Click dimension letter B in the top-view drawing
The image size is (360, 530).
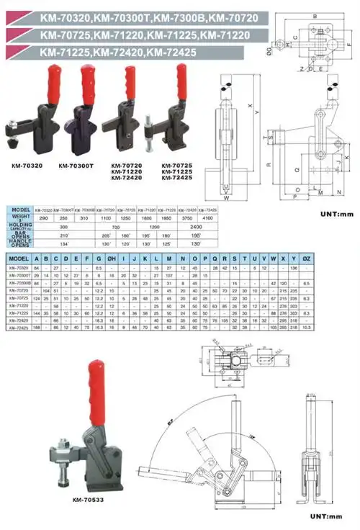pyautogui.click(x=315, y=16)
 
